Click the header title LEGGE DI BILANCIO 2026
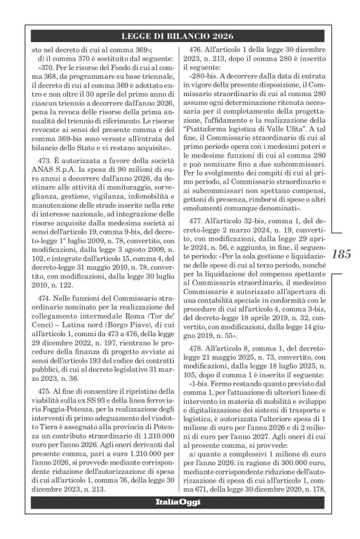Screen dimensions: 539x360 pos(180,38)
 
